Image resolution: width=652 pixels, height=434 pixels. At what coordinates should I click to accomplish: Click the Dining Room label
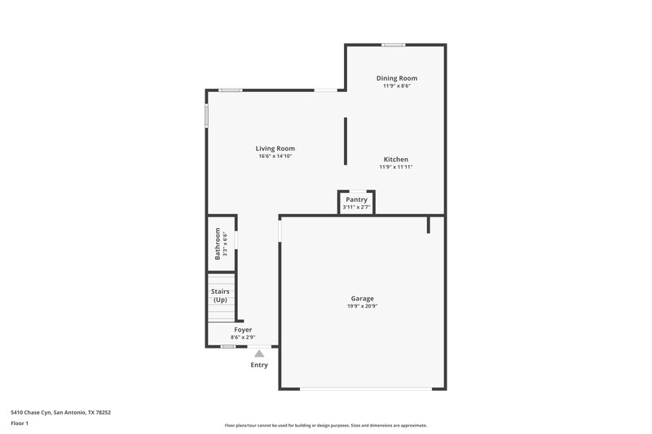coord(396,78)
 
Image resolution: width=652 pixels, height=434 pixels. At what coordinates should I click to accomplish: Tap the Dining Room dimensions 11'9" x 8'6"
coord(396,85)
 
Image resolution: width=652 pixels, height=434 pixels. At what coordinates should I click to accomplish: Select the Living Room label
coord(275,148)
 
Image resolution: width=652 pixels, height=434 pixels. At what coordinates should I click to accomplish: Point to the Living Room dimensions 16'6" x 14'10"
coord(275,156)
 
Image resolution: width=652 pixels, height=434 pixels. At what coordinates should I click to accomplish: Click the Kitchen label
coord(396,160)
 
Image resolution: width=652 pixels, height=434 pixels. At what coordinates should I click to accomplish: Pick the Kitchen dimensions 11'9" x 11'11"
coord(396,167)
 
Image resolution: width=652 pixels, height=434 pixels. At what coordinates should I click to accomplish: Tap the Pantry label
coord(356,199)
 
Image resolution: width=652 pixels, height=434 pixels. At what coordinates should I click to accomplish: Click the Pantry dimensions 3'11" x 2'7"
coord(356,207)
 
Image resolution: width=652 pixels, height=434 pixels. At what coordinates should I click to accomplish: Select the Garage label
coord(363,299)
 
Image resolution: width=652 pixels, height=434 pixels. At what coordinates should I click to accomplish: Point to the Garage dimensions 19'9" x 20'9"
coord(363,306)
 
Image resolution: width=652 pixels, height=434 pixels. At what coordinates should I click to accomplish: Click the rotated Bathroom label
coord(218,243)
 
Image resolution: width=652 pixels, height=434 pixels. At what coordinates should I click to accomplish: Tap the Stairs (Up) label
coord(220,296)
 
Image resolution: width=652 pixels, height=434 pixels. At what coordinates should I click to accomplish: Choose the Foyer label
coord(243,330)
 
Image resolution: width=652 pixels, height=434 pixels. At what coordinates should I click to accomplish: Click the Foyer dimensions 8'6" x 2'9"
coord(243,337)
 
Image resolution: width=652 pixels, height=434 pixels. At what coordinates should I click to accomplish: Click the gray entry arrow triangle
coord(259,353)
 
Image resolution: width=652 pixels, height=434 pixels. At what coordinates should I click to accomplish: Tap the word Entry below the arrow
coord(259,364)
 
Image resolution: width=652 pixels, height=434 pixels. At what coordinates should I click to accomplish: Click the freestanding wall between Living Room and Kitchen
coord(345,140)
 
